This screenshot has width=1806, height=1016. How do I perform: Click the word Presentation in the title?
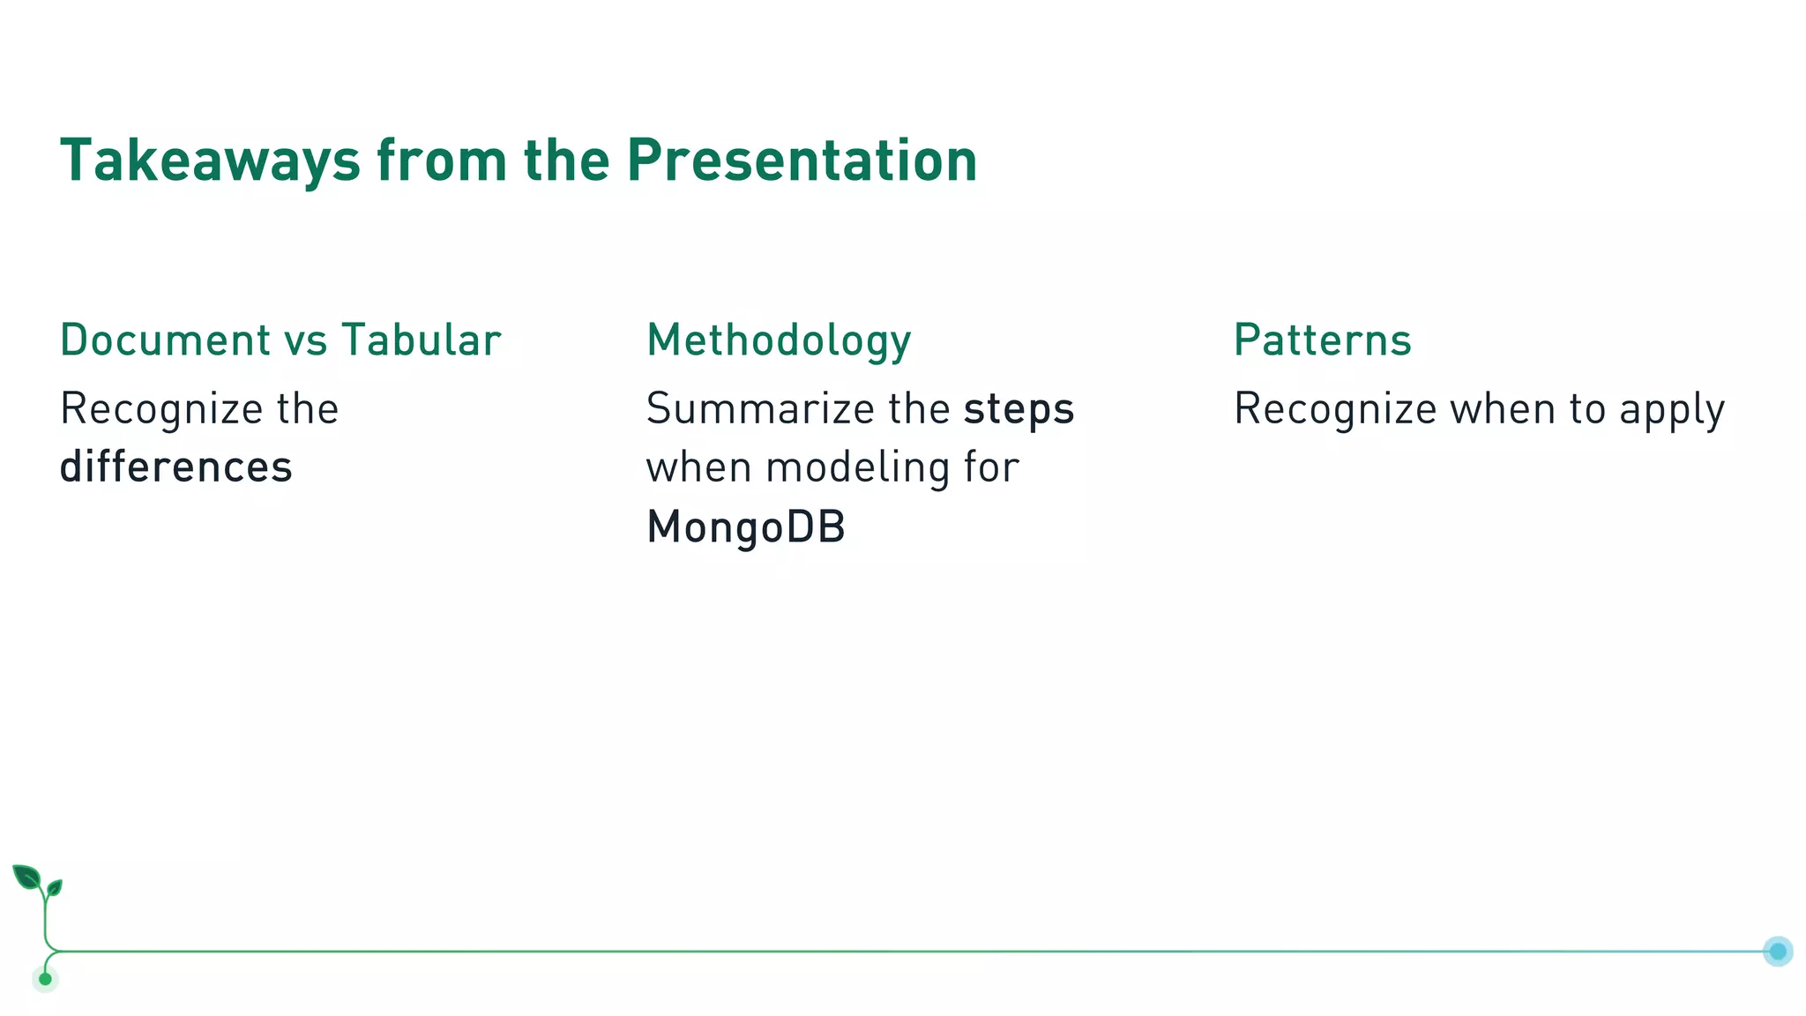802,161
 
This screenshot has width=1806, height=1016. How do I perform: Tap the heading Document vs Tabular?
280,340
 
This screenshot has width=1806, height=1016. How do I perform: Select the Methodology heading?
779,340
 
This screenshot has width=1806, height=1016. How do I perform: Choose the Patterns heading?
1322,340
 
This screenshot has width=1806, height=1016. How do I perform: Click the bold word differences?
175,467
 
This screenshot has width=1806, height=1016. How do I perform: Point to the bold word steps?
1019,409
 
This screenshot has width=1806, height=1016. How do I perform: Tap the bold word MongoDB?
746,527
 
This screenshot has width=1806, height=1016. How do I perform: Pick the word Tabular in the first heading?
421,340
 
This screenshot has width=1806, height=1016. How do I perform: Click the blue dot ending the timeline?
1778,951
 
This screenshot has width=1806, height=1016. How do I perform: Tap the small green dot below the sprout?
45,978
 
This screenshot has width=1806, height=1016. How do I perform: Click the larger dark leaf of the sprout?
26,877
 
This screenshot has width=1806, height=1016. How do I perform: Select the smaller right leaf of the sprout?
55,887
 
